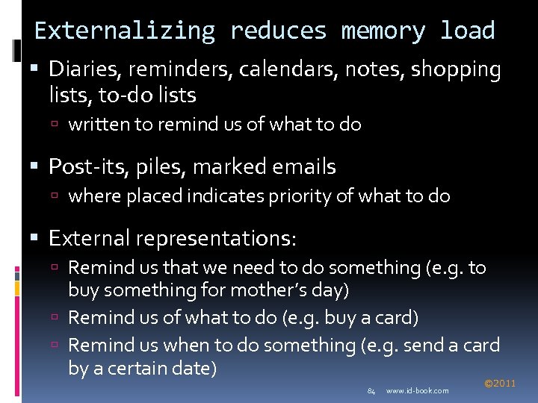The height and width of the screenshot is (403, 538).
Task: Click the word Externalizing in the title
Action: [125, 31]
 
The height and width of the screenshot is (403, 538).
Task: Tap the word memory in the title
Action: [383, 31]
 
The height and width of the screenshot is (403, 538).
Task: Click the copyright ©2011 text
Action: [500, 384]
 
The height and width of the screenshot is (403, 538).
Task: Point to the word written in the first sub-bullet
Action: [99, 125]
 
